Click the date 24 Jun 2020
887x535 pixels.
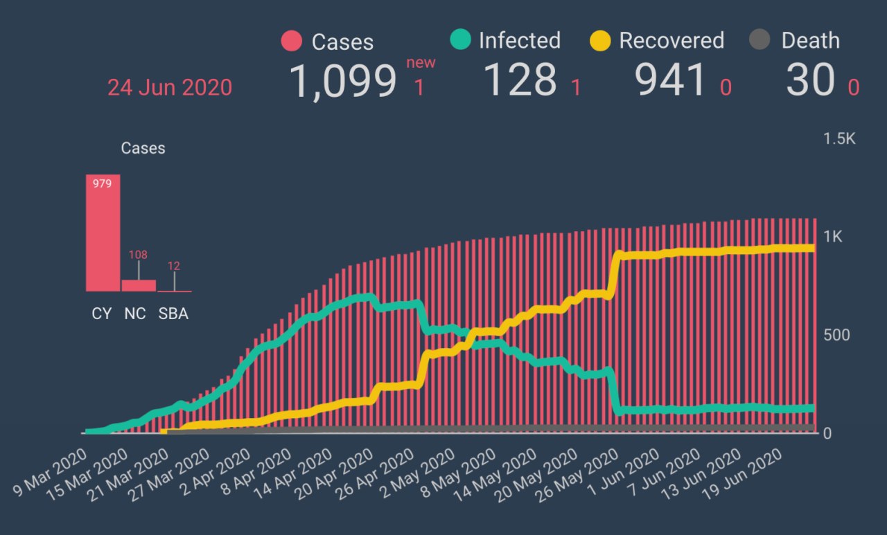pyautogui.click(x=170, y=88)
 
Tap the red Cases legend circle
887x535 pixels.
pyautogui.click(x=292, y=41)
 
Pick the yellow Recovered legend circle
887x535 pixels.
pyautogui.click(x=599, y=40)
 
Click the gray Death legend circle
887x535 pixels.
pyautogui.click(x=760, y=40)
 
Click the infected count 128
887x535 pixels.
pyautogui.click(x=520, y=80)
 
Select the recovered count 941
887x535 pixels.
pyautogui.click(x=671, y=81)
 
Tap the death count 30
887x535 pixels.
pyautogui.click(x=810, y=81)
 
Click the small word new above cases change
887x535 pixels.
pyautogui.click(x=421, y=63)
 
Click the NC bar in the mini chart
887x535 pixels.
pyautogui.click(x=139, y=285)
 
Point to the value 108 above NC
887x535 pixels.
pyautogui.click(x=138, y=255)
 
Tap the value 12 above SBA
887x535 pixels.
pyautogui.click(x=174, y=266)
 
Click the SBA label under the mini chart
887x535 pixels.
pyautogui.click(x=173, y=314)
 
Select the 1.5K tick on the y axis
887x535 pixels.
pyautogui.click(x=839, y=139)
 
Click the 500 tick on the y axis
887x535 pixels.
pyautogui.click(x=836, y=335)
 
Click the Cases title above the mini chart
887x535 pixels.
pyautogui.click(x=143, y=148)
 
